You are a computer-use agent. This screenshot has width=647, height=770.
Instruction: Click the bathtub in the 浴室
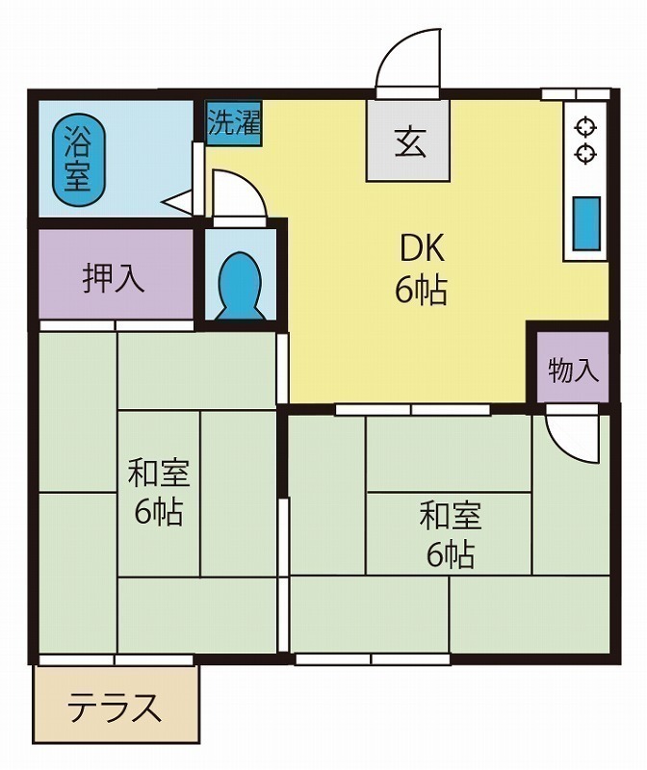[76, 160]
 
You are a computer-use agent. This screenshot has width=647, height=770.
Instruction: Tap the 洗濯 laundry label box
[234, 123]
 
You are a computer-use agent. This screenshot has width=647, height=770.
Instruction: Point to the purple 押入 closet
[114, 278]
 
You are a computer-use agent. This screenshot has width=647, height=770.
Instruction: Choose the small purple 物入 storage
[573, 370]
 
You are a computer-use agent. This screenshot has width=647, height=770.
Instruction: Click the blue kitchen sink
[586, 222]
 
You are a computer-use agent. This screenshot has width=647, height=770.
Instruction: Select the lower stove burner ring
[584, 152]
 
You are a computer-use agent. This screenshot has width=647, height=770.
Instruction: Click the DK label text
[422, 249]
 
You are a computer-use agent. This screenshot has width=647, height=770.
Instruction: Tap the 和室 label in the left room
[159, 474]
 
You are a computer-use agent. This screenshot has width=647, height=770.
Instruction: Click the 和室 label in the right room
[450, 516]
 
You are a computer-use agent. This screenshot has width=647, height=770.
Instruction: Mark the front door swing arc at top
[409, 60]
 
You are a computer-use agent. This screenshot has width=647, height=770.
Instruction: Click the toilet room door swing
[236, 195]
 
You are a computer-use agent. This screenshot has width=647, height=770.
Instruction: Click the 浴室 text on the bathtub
[76, 160]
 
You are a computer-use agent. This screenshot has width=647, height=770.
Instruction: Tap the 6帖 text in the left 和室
[159, 512]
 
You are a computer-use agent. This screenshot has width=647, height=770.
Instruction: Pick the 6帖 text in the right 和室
[450, 554]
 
